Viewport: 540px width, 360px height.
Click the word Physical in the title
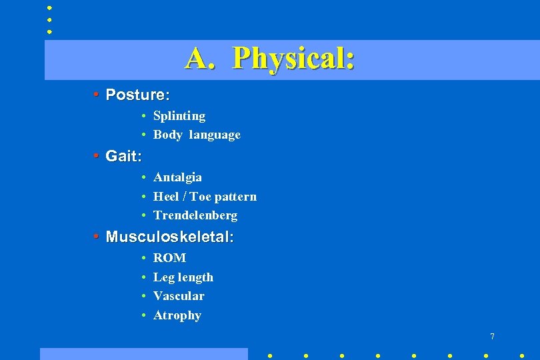[x=293, y=59]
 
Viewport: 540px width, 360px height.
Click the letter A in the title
[x=198, y=58]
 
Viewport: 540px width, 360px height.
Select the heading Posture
[x=137, y=95]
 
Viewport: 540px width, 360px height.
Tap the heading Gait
[x=123, y=156]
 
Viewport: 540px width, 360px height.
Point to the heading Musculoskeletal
[x=169, y=237]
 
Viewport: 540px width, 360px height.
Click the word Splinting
[x=179, y=116]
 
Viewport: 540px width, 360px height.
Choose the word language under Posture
[x=215, y=135]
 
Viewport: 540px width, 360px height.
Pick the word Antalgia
[x=177, y=177]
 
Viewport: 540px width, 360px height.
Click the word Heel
[x=165, y=197]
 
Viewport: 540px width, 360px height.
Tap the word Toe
[x=200, y=197]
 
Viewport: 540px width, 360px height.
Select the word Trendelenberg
[x=195, y=215]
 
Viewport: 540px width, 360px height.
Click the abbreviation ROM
[x=169, y=258]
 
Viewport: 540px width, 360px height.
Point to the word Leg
[x=163, y=277]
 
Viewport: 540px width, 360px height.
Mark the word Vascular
[x=179, y=296]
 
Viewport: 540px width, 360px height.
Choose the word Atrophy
[x=177, y=315]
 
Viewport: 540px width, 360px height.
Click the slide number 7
[x=492, y=337]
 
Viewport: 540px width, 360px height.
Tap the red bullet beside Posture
[x=97, y=95]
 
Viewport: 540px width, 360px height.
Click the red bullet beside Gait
[x=97, y=156]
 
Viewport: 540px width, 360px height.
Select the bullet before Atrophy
[x=144, y=315]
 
